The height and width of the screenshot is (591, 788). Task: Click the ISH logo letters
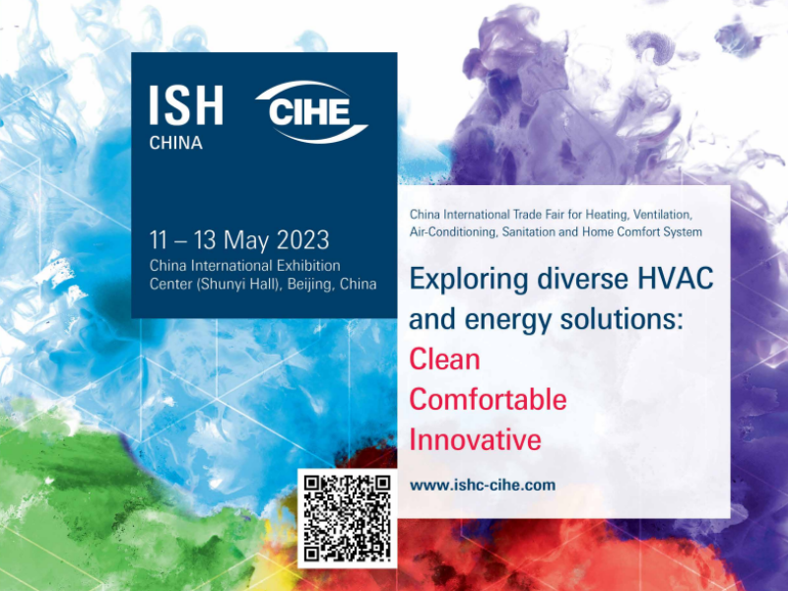point(186,105)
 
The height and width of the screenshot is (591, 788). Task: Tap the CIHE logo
point(311,112)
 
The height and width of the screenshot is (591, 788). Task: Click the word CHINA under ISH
point(176,143)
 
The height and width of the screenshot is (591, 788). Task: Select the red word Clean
point(444,360)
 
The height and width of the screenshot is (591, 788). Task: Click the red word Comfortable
point(488,400)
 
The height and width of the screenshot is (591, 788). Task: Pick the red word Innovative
point(475,439)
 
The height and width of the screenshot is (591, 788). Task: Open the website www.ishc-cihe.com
point(483,486)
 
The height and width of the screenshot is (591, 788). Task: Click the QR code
point(348,518)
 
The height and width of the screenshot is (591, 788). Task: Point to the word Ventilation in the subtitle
point(663,215)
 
